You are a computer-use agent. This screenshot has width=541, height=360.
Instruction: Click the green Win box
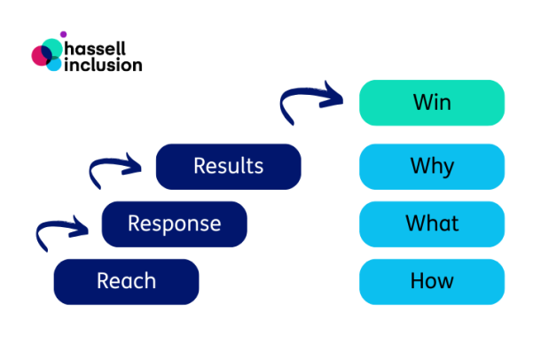coord(432,103)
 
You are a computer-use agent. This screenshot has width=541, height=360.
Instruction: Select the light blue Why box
coord(432,166)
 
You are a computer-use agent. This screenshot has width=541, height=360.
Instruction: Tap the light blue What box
coord(432,223)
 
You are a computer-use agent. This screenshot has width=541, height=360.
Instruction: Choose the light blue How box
coord(432,282)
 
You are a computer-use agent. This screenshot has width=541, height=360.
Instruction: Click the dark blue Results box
coord(228,166)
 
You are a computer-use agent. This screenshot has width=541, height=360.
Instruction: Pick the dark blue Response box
coord(174,223)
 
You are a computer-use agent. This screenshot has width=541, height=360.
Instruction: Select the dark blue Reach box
coord(126,282)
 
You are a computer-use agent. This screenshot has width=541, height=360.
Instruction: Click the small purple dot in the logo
coord(62,35)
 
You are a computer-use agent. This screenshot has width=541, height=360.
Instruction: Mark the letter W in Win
coord(419,103)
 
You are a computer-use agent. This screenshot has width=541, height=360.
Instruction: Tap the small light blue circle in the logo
coord(55,64)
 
